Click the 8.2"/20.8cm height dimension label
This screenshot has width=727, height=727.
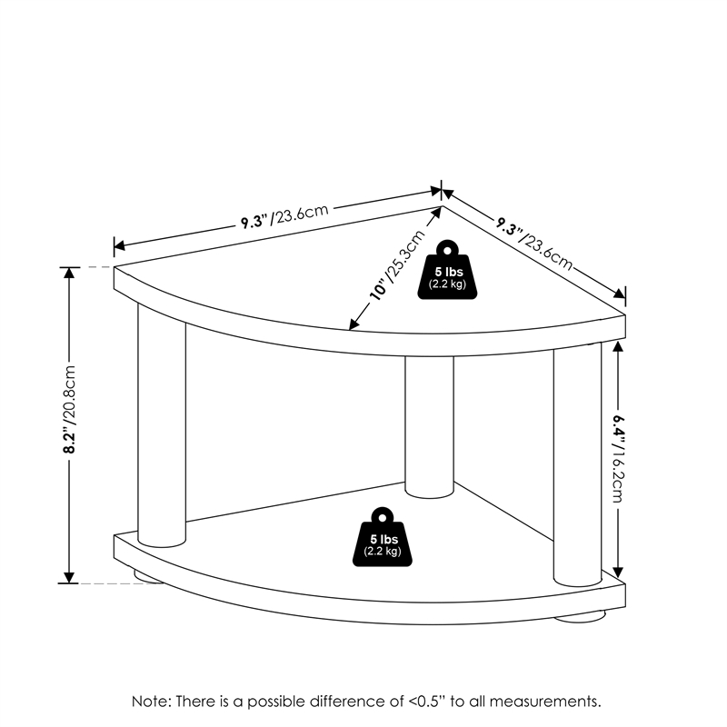coord(70,410)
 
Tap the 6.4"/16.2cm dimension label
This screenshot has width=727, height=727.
coord(619,458)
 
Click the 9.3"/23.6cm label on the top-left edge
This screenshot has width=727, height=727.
coord(284,216)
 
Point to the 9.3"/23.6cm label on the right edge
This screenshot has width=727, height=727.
coord(534,243)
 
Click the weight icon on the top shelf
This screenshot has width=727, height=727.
coord(447,269)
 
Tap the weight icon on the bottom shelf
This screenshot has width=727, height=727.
coord(382,536)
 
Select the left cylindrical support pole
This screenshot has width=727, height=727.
coord(162,424)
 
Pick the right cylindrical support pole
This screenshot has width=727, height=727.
coord(577,463)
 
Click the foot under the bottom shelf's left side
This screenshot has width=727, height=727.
coord(149,576)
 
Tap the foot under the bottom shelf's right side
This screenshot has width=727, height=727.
coord(580,617)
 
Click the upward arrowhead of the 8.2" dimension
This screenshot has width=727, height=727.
coord(69,274)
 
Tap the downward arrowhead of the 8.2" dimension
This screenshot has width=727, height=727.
coord(69,578)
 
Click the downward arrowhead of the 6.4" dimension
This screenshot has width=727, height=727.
coord(618,572)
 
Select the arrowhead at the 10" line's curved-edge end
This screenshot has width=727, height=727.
coord(354,324)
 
